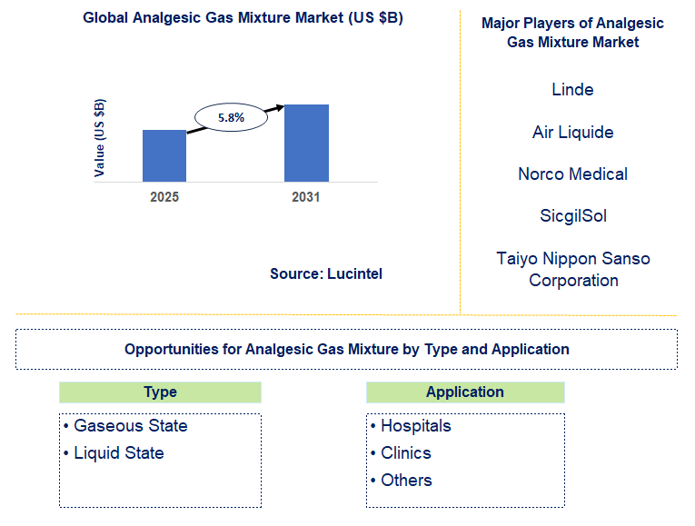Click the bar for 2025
pos(164,155)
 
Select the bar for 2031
pos(306,143)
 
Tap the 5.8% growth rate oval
pos(232,117)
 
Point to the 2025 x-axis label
pos(164,196)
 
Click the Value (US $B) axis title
pos(100,137)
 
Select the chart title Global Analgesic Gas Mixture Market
pos(243,18)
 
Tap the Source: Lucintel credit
pos(326,273)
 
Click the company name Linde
pos(572,89)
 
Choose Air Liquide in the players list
pos(572,132)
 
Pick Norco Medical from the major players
pos(572,174)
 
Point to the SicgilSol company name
pos(572,215)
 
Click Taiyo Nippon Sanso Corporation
pos(572,269)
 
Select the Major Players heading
pos(572,33)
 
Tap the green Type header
pos(160,392)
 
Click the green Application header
pos(465,392)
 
